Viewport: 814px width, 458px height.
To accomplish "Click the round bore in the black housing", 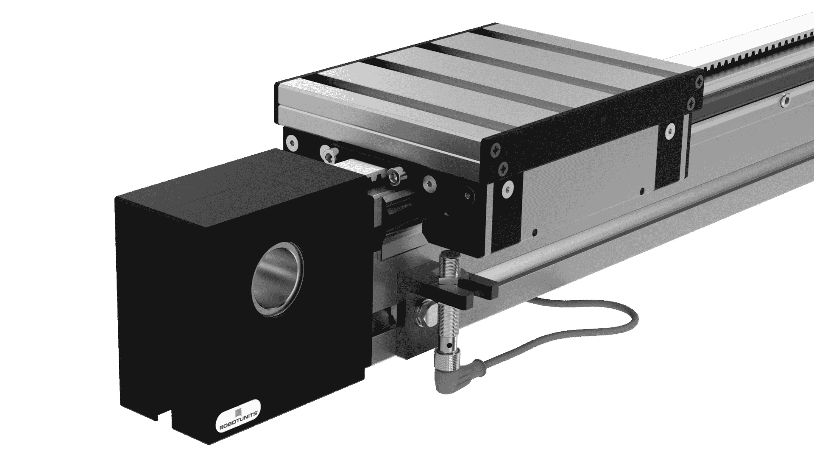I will (x=277, y=279).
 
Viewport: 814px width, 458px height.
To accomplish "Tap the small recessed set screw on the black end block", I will (x=467, y=195).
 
